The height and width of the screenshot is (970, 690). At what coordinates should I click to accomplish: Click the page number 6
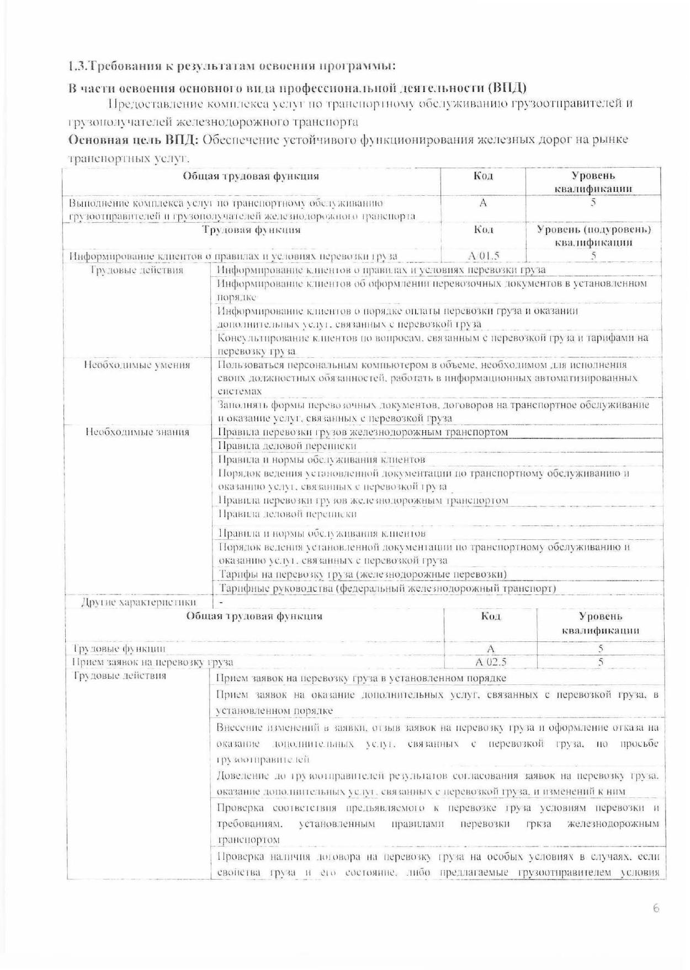(x=656, y=908)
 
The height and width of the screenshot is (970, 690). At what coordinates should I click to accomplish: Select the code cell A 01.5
(x=483, y=256)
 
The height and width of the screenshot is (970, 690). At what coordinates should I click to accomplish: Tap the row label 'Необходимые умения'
(x=137, y=365)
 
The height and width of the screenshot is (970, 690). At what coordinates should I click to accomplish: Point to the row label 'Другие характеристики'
(x=139, y=602)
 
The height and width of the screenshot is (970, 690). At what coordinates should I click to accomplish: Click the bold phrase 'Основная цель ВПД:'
(x=132, y=140)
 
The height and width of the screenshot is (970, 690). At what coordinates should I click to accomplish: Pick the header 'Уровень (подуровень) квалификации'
(x=593, y=235)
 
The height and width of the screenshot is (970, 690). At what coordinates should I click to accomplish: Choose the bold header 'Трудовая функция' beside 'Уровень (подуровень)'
(x=251, y=230)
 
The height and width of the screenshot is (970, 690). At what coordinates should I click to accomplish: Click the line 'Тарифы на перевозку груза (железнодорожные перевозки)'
(x=363, y=575)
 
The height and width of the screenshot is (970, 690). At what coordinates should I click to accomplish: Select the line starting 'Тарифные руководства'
(x=386, y=588)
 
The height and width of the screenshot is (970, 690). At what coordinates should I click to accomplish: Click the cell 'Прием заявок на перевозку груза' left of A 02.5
(x=153, y=662)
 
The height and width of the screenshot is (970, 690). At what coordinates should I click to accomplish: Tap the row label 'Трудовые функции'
(x=119, y=649)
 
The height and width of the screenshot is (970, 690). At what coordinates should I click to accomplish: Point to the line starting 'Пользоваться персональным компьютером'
(x=422, y=365)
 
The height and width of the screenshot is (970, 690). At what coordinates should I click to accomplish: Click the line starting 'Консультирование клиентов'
(x=433, y=338)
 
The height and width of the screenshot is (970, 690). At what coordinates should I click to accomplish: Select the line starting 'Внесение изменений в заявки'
(x=437, y=728)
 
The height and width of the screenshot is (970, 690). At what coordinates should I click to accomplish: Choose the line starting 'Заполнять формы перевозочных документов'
(x=433, y=405)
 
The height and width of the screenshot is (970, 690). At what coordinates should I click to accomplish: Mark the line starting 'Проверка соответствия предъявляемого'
(x=437, y=808)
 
